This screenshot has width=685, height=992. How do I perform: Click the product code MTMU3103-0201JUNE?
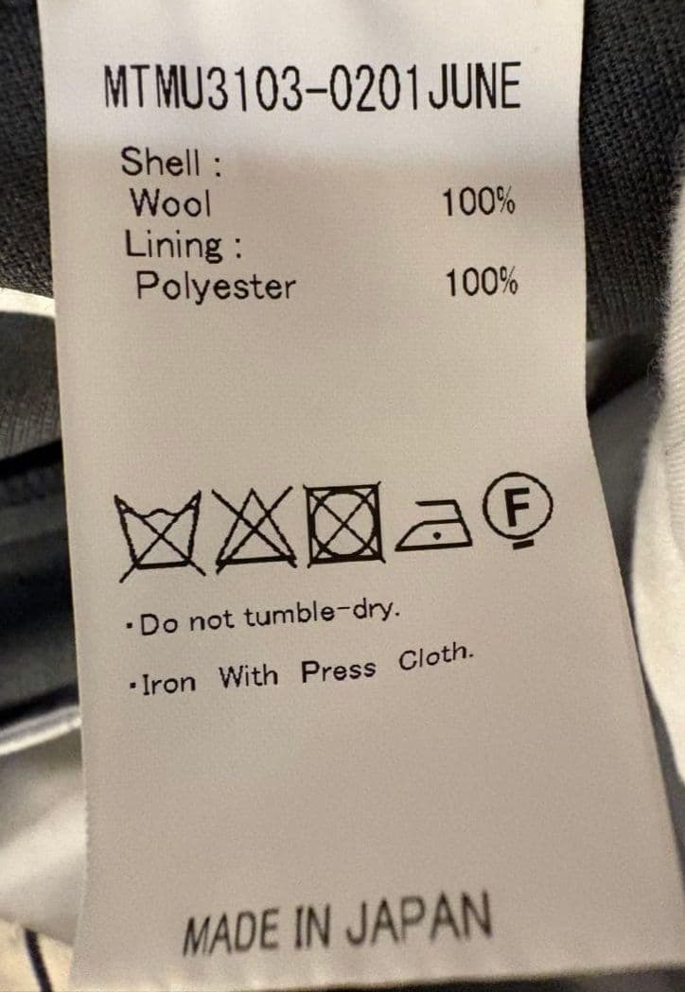pos(312,87)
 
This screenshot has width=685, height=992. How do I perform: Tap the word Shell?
pos(161,162)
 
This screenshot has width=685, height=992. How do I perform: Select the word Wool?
pos(170,203)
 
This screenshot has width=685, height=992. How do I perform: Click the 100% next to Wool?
pos(479,202)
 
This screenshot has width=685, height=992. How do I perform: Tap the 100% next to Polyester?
pos(482,282)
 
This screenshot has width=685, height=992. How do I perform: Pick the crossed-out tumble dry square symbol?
pos(344,524)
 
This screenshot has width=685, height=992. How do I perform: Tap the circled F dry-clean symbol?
pos(518,509)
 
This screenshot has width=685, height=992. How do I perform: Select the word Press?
pos(338,670)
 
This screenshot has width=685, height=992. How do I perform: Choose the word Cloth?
pos(435,658)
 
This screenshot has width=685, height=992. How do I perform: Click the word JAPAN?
pos(418,920)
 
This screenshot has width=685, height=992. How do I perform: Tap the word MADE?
pos(231,931)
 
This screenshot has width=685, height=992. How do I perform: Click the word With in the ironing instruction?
pos(248,676)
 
